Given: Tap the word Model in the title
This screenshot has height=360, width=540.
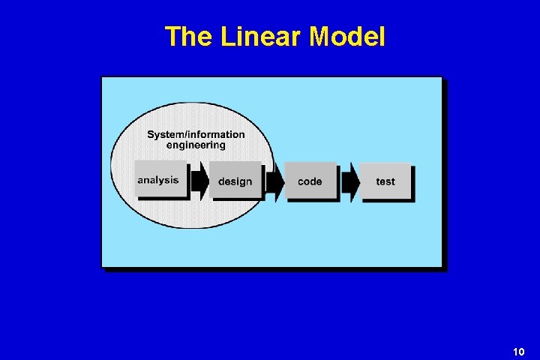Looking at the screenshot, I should tap(346, 36).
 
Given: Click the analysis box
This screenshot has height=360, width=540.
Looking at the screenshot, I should tap(160, 179).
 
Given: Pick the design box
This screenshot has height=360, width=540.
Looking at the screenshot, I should tap(235, 181).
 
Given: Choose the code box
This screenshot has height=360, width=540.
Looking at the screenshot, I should tap(310, 181).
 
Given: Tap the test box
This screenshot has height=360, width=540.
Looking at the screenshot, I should tap(385, 181).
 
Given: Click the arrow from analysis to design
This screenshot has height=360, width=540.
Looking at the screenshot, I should tap(199, 181).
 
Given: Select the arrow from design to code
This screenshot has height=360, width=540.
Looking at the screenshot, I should tap(274, 181).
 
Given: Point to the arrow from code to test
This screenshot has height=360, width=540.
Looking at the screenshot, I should tap(349, 181).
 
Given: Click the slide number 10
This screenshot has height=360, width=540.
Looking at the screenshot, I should tap(518, 352).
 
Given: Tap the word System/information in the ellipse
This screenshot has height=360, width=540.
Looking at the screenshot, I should tap(196, 135).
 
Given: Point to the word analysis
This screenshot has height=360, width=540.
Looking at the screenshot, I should tap(158, 180).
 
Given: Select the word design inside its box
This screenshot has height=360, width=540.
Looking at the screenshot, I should tap(235, 181).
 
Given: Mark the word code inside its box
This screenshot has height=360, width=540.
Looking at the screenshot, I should tap(310, 181).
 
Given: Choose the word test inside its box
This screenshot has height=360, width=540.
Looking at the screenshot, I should tap(385, 181).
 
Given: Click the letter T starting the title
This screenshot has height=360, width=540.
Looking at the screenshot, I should tap(172, 36).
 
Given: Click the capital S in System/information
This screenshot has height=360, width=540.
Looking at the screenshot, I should tap(151, 135).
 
